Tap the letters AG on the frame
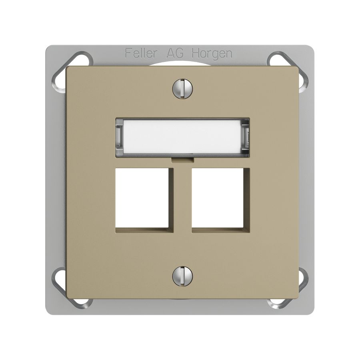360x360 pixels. click(x=175, y=53)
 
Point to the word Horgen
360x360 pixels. click(x=212, y=54)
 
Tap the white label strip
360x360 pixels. click(x=182, y=137)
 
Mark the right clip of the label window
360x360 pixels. click(x=246, y=137)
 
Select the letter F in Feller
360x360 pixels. click(x=128, y=53)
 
